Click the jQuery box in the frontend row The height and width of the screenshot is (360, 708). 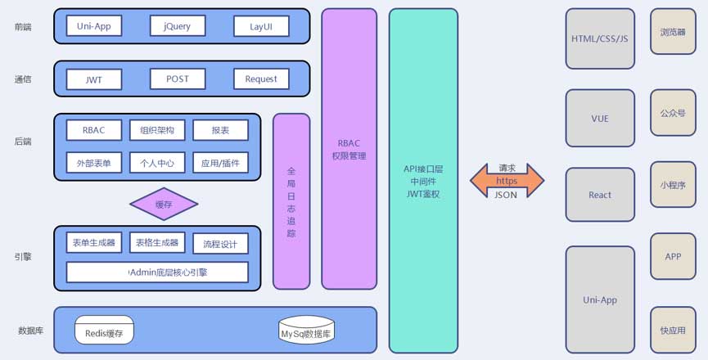coord(178,26)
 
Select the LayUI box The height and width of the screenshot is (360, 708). coord(261,27)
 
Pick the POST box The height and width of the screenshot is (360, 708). coord(178,79)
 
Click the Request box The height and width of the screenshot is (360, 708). coord(261,79)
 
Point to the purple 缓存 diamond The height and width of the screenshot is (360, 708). coord(164,205)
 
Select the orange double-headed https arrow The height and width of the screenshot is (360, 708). coord(507,181)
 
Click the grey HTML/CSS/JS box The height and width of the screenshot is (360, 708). coord(600,38)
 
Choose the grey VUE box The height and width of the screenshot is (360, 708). coord(600,119)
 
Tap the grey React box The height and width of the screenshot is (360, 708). coord(600,195)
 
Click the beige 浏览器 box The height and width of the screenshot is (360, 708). coord(673,32)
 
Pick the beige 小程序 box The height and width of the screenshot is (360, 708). coord(673,185)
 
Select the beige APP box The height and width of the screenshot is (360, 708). coord(673,256)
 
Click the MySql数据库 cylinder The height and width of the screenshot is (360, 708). coord(306,331)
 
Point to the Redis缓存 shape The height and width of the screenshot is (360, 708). coord(104,331)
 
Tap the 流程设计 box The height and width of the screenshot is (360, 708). coord(220,244)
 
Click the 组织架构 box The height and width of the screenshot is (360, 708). coord(157,130)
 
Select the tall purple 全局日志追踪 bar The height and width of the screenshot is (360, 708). coord(291,201)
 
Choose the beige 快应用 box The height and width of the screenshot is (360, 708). coord(673,331)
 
